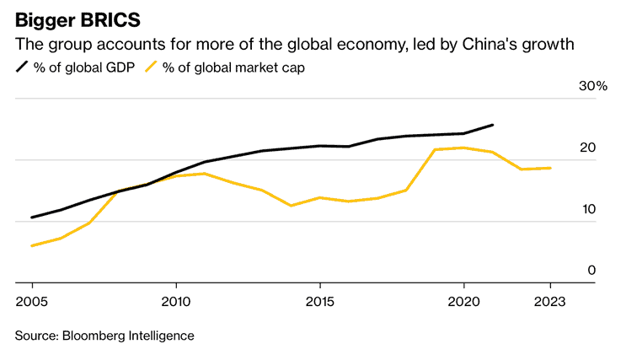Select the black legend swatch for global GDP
pos(21,67)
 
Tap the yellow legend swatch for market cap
pos(152,67)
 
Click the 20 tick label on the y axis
pos(587,148)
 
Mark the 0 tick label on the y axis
pos(591,271)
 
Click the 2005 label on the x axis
pos(32,301)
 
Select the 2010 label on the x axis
pos(176,301)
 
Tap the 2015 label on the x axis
pos(319,301)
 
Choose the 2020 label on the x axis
pos(463,301)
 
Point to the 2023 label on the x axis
pos(549,301)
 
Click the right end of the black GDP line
pos(492,125)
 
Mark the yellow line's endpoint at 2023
pos(550,168)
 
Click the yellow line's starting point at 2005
pos(32,245)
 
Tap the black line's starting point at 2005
pos(32,218)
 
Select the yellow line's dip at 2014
pos(291,206)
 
